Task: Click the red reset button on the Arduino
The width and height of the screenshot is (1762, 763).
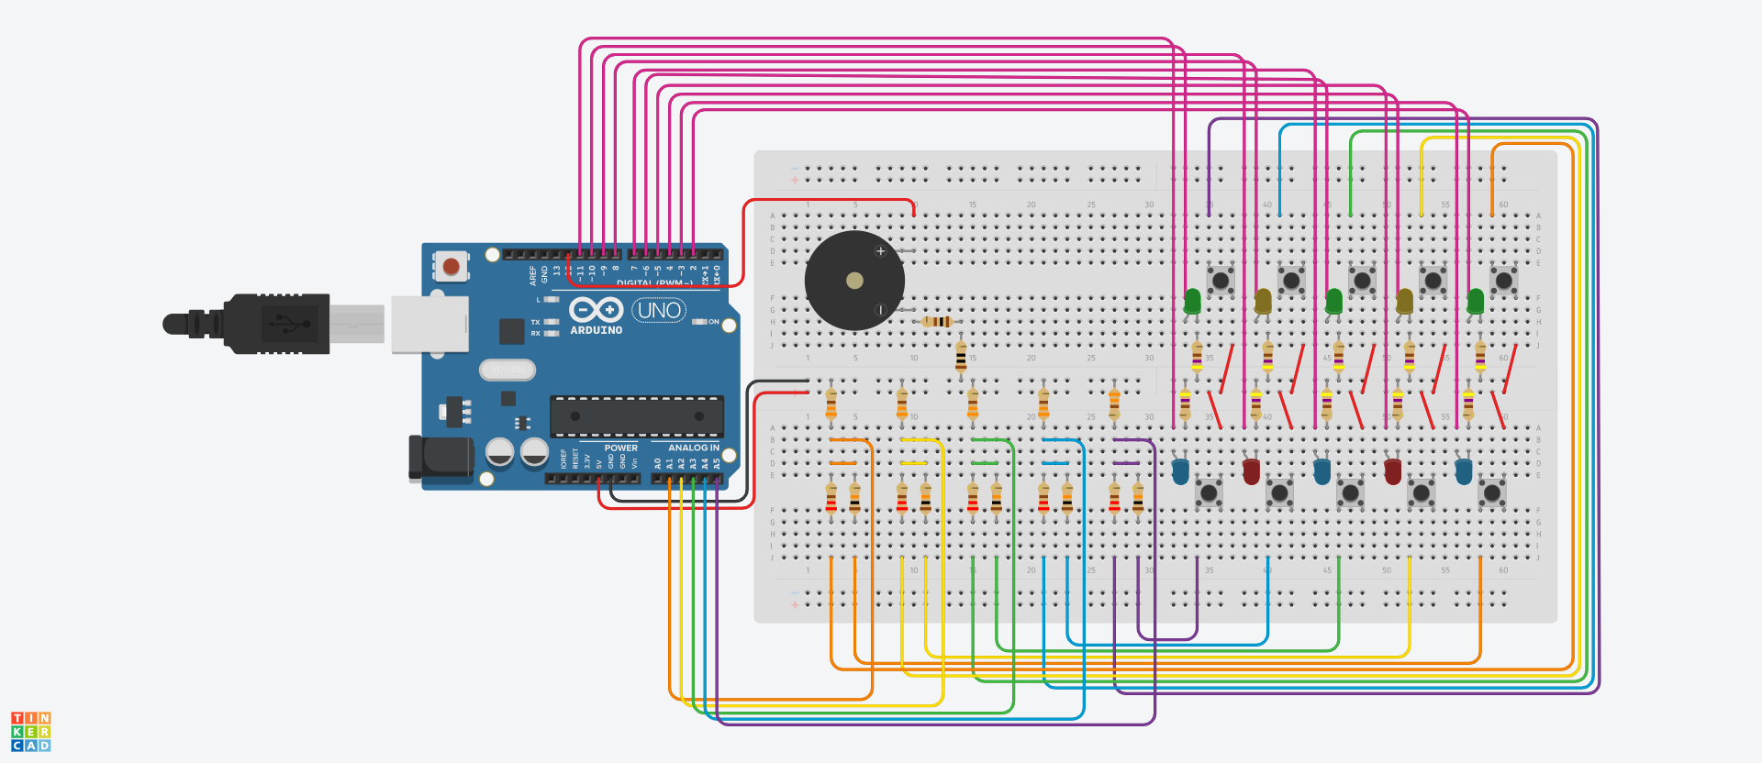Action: click(x=451, y=266)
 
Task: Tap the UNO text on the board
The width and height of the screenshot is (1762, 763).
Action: click(x=659, y=310)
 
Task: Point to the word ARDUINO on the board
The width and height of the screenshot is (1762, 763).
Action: click(x=597, y=330)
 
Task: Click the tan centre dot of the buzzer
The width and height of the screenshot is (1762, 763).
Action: click(x=854, y=281)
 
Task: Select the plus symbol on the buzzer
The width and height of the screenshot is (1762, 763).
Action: click(x=881, y=251)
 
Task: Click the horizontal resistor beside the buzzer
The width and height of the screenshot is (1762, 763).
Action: click(x=937, y=322)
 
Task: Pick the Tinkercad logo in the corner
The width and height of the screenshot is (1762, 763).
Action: click(x=30, y=732)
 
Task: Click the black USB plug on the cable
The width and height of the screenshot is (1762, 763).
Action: click(x=275, y=324)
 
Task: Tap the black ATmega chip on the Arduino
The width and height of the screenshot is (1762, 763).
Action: click(x=636, y=416)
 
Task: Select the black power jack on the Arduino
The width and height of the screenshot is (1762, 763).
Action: click(x=440, y=458)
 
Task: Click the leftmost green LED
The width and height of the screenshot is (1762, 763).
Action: click(x=1192, y=301)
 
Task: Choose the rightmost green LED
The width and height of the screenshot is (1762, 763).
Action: click(x=1476, y=301)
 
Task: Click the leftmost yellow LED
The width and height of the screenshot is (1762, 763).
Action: click(x=1263, y=301)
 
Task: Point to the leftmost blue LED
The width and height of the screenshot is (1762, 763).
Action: click(x=1180, y=471)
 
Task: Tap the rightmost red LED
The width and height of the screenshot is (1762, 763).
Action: click(x=1392, y=471)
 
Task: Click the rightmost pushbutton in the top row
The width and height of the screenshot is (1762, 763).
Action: click(x=1503, y=281)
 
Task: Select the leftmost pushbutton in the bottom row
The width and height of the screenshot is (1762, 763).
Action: click(x=1209, y=493)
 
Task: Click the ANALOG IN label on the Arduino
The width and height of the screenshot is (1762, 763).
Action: click(x=694, y=448)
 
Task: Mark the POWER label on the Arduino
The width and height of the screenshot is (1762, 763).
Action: click(x=620, y=448)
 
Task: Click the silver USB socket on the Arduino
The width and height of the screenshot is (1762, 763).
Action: click(x=429, y=324)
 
